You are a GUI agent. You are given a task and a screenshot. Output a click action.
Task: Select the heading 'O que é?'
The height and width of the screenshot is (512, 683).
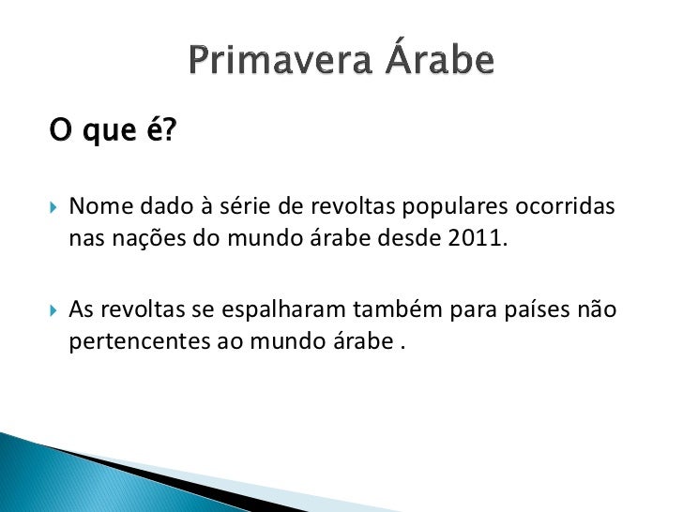(x=113, y=134)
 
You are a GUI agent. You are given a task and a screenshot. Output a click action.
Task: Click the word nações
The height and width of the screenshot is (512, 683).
(x=149, y=236)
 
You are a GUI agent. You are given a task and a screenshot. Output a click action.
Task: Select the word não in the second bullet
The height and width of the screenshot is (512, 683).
(x=598, y=309)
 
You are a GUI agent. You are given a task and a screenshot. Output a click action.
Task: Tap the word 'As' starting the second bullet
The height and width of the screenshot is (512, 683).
(x=83, y=309)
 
